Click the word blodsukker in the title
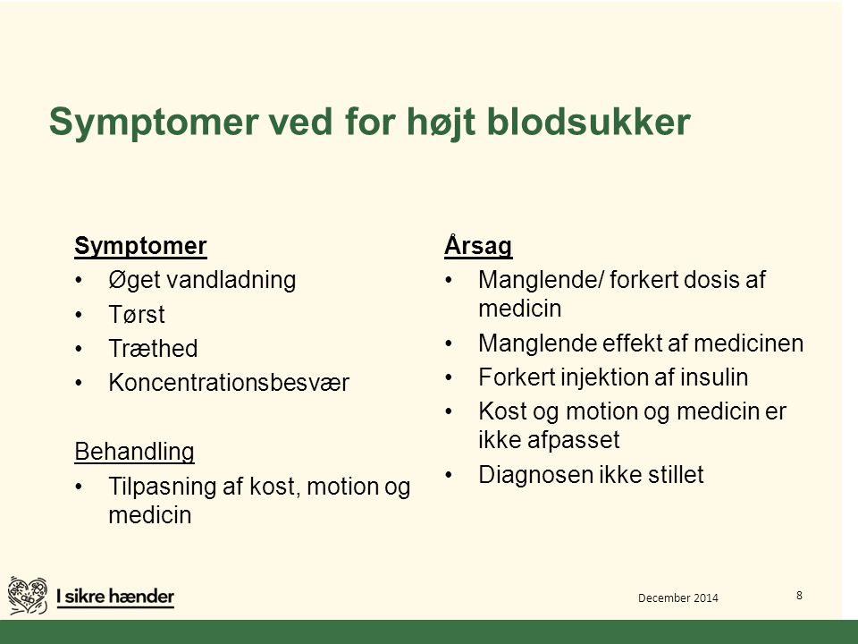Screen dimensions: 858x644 588,121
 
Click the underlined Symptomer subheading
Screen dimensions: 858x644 140,246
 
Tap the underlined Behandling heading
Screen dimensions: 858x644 135,452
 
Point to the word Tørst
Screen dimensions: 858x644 137,314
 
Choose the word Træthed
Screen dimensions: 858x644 153,348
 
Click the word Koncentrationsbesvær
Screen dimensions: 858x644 229,382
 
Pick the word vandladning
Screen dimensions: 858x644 231,280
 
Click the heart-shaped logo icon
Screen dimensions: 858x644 28,596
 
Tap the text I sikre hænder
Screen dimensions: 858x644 115,597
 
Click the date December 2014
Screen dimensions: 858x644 678,598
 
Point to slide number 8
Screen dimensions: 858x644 799,596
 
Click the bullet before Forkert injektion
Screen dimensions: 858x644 450,377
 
